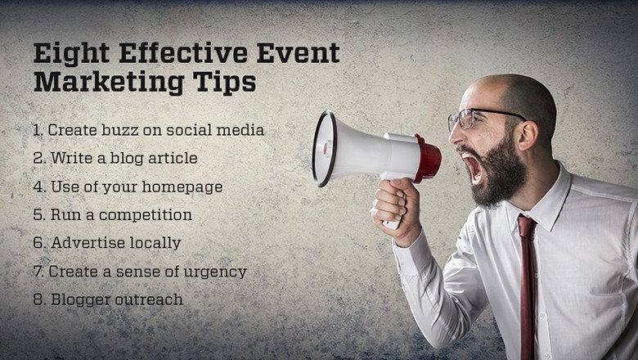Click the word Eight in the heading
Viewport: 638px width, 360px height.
tap(72, 53)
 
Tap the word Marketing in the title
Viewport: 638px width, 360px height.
tap(109, 82)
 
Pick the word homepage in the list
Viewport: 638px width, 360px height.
tap(182, 187)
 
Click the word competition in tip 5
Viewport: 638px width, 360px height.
tap(146, 215)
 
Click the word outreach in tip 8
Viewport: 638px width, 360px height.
tap(149, 299)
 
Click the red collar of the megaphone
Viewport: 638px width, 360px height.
tap(427, 158)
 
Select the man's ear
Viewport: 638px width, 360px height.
tap(528, 135)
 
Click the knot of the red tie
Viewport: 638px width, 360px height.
tap(527, 227)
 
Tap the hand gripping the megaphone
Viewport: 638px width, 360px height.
tap(396, 210)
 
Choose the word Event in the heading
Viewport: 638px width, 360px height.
tap(299, 53)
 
